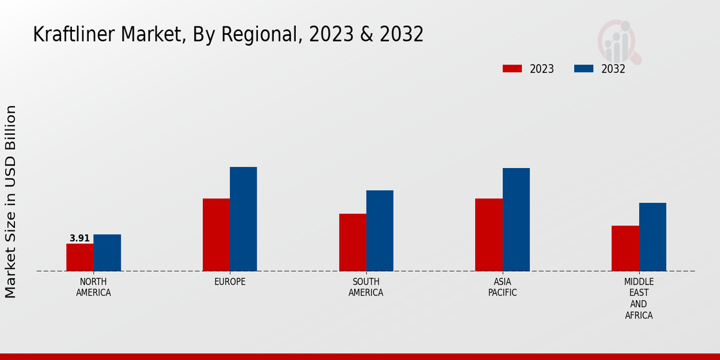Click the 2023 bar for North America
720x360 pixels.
click(x=80, y=257)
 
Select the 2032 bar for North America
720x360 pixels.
click(x=107, y=253)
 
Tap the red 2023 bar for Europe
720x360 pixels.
click(x=216, y=235)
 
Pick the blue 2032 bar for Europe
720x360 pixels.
click(x=243, y=219)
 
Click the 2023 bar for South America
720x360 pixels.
click(x=352, y=242)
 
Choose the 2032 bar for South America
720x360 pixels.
click(x=380, y=230)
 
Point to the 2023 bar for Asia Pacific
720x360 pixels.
click(x=488, y=235)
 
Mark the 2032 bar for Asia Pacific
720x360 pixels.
click(x=516, y=220)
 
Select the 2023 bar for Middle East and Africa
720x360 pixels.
click(x=625, y=248)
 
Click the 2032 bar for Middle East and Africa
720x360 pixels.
click(x=652, y=237)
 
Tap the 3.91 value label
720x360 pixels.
click(x=80, y=238)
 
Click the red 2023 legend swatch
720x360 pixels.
click(x=512, y=69)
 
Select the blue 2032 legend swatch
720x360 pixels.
click(x=583, y=69)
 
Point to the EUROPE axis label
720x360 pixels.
click(x=230, y=282)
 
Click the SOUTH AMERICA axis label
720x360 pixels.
click(x=366, y=287)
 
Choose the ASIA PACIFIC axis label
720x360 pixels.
click(x=502, y=287)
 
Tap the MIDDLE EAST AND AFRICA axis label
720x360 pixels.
click(x=638, y=298)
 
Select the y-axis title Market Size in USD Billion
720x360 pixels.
click(x=11, y=202)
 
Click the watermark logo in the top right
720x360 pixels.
click(x=619, y=41)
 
